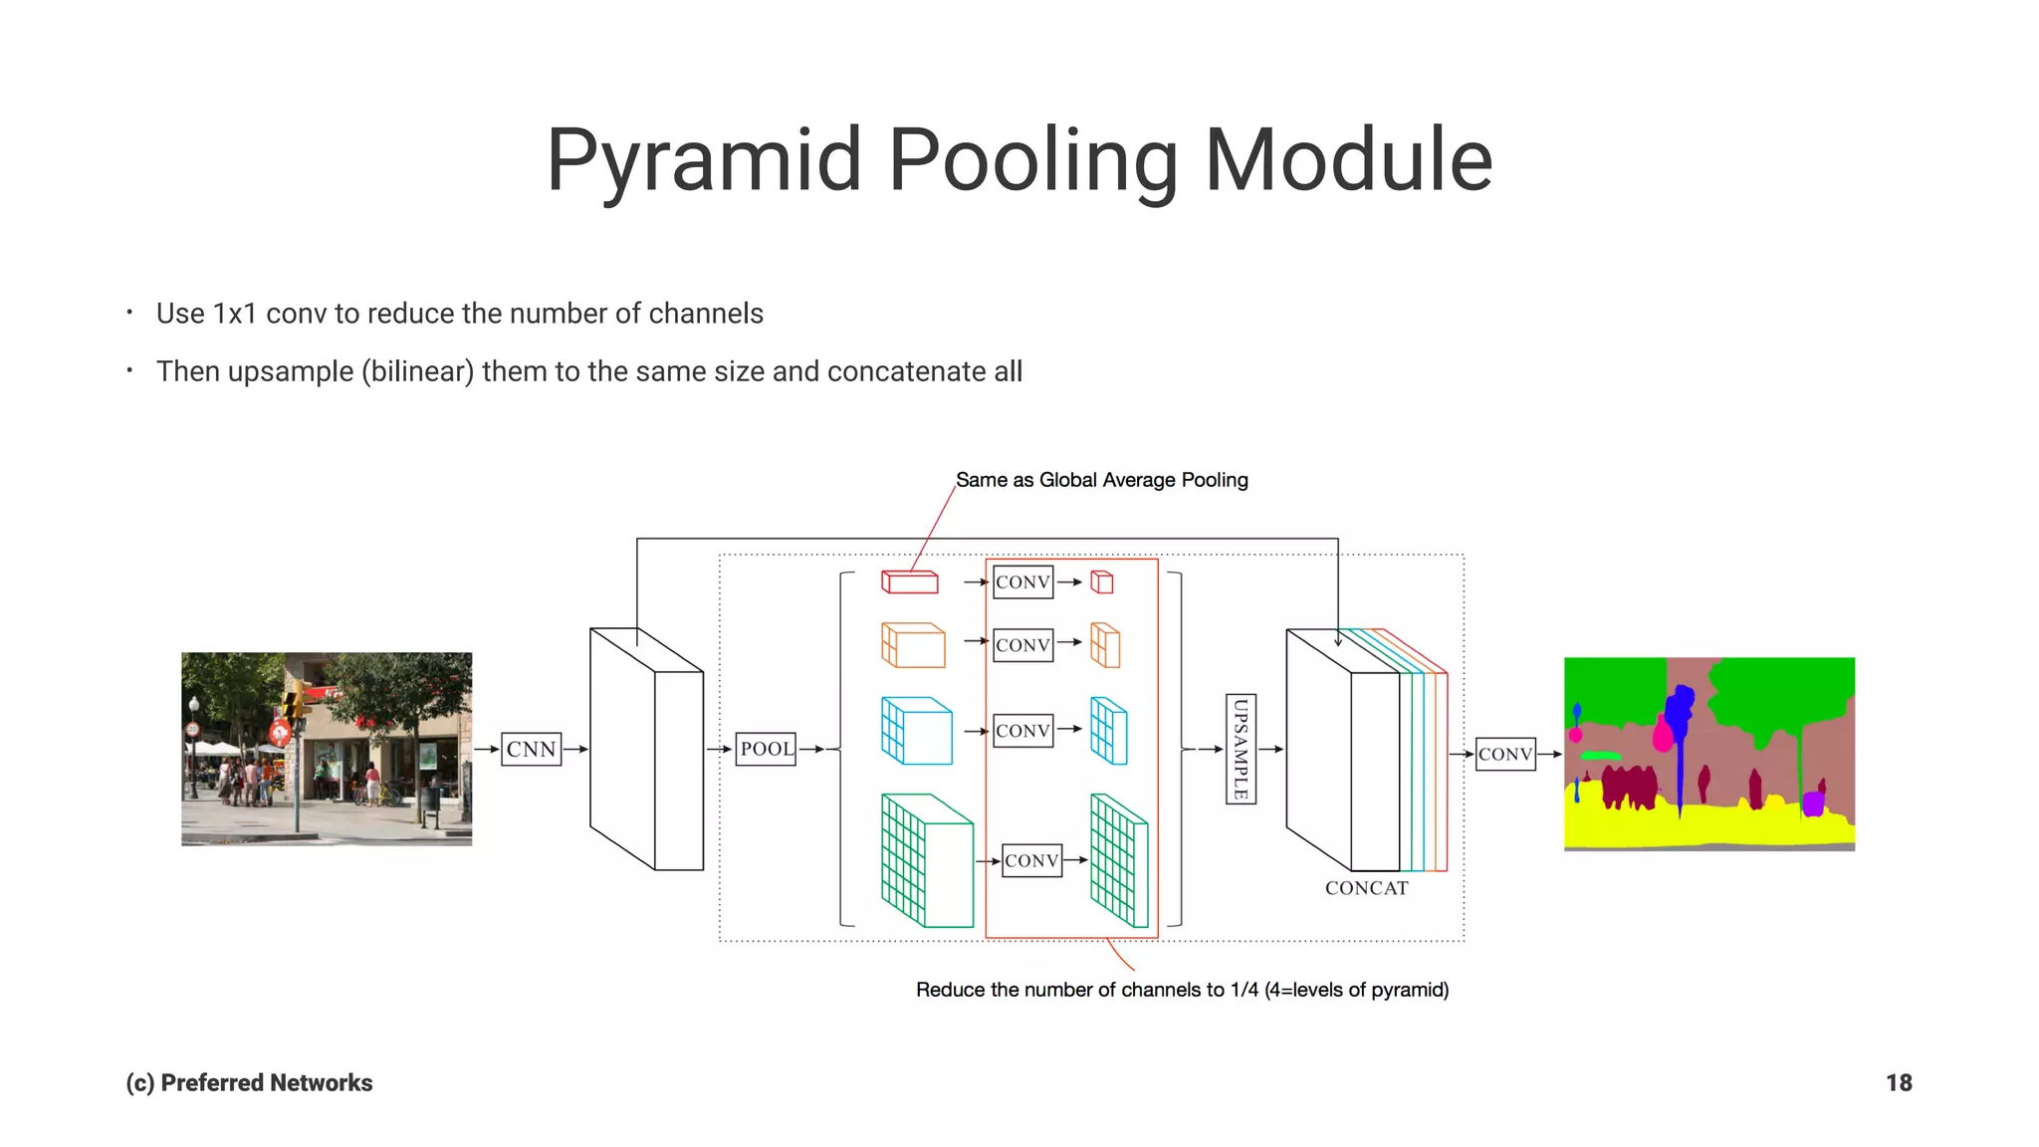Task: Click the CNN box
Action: (x=531, y=749)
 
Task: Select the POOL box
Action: (x=766, y=749)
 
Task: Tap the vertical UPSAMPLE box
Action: (x=1241, y=749)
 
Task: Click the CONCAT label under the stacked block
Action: (x=1366, y=888)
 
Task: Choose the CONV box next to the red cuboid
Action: (x=1022, y=582)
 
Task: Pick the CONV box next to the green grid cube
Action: (x=1031, y=860)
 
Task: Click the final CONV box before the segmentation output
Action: (x=1504, y=754)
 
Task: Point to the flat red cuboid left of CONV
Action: (x=910, y=581)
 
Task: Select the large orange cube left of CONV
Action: (x=913, y=645)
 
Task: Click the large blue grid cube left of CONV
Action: (x=916, y=731)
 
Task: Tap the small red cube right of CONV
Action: (x=1102, y=582)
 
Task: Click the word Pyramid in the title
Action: (x=703, y=160)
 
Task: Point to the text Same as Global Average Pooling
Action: (x=1101, y=480)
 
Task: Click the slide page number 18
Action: (x=1898, y=1083)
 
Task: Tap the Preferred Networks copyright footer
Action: (x=249, y=1083)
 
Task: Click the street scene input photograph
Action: (x=327, y=749)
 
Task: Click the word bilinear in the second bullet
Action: (x=417, y=371)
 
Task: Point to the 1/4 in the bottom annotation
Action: (x=1244, y=990)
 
